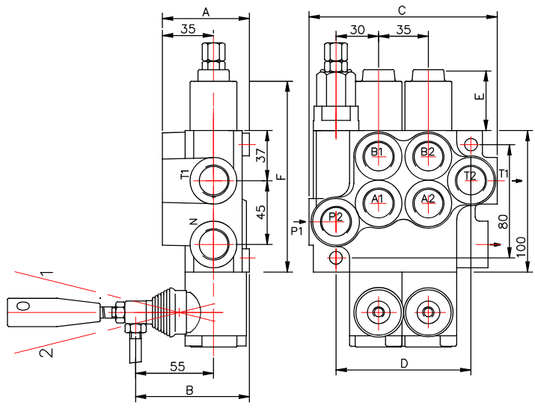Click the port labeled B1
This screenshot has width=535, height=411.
click(379, 156)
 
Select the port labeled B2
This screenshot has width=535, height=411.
click(429, 156)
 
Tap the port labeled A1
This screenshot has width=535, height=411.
click(379, 203)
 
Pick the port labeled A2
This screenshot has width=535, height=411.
click(429, 203)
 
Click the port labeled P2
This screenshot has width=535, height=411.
click(336, 221)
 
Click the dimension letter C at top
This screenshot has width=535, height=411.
click(403, 10)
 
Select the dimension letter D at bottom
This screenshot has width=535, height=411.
click(404, 364)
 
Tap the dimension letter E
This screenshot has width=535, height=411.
click(480, 96)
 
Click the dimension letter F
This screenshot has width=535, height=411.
click(280, 177)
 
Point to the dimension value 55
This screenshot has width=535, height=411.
click(177, 366)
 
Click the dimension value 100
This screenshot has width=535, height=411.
click(521, 247)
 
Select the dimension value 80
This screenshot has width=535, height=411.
click(504, 221)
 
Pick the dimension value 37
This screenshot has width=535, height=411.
click(260, 155)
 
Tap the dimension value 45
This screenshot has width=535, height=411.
click(260, 212)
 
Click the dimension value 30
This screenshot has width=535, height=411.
click(357, 30)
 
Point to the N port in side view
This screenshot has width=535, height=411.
click(213, 244)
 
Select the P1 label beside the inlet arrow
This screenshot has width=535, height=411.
click(297, 231)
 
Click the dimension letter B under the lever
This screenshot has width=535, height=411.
click(190, 390)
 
